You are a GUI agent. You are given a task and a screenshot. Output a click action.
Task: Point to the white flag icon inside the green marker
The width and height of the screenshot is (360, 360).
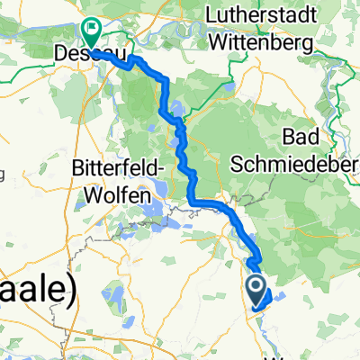[x=92, y=29]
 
